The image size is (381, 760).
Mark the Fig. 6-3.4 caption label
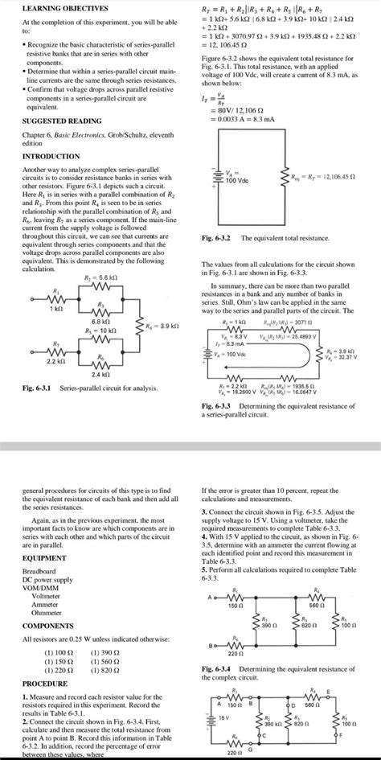(x=215, y=668)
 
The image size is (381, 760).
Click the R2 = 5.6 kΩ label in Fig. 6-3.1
(x=100, y=277)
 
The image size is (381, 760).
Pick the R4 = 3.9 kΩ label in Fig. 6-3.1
(x=160, y=325)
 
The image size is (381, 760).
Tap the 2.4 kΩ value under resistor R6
(x=100, y=374)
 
